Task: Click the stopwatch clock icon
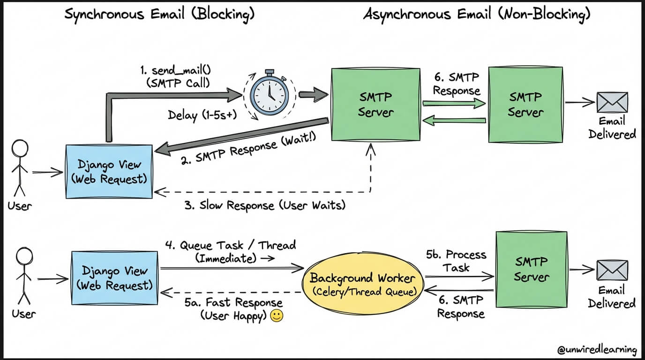[269, 93]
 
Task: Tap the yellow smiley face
[277, 316]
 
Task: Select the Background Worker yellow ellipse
[363, 284]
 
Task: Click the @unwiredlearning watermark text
[597, 350]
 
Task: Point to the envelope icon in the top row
[612, 102]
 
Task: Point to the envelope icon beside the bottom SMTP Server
[612, 270]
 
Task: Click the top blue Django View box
[109, 172]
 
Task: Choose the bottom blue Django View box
[114, 278]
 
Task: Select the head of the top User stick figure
[20, 148]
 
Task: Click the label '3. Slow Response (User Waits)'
[265, 205]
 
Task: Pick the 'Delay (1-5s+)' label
[202, 115]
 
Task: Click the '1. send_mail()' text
[176, 70]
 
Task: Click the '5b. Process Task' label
[456, 261]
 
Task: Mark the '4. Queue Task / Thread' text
[230, 245]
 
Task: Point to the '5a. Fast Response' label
[233, 302]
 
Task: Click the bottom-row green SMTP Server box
[532, 269]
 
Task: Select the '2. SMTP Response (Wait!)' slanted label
[248, 148]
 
